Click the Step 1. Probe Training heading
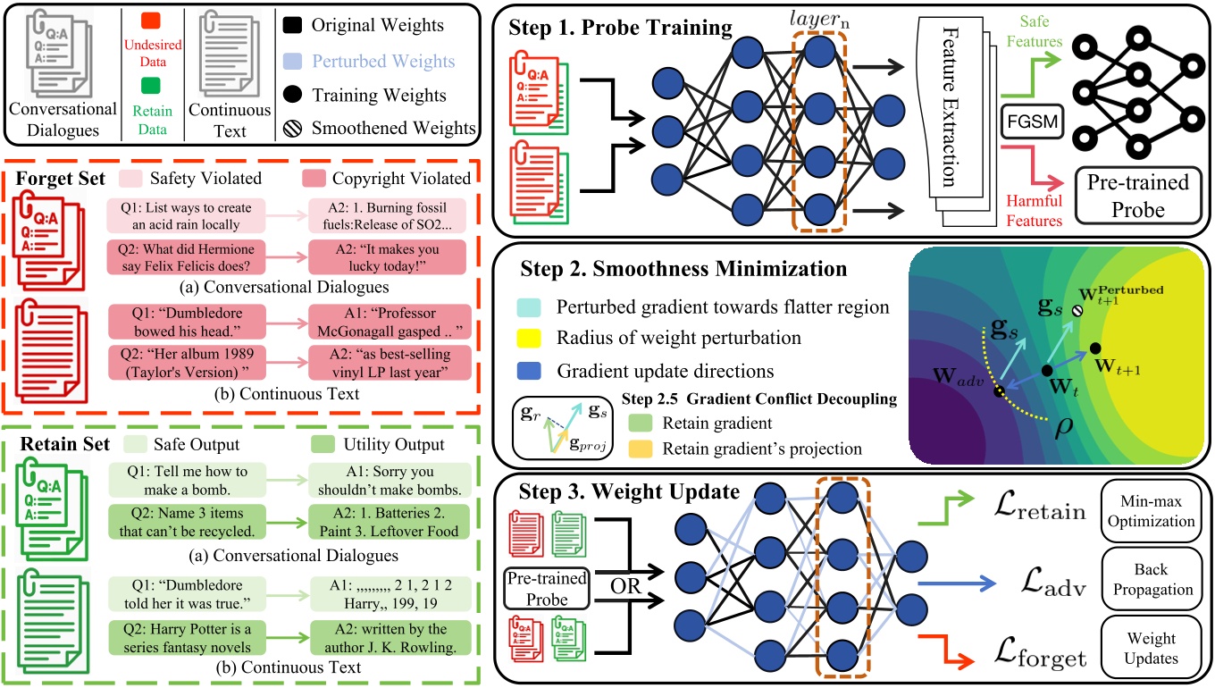(x=620, y=28)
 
